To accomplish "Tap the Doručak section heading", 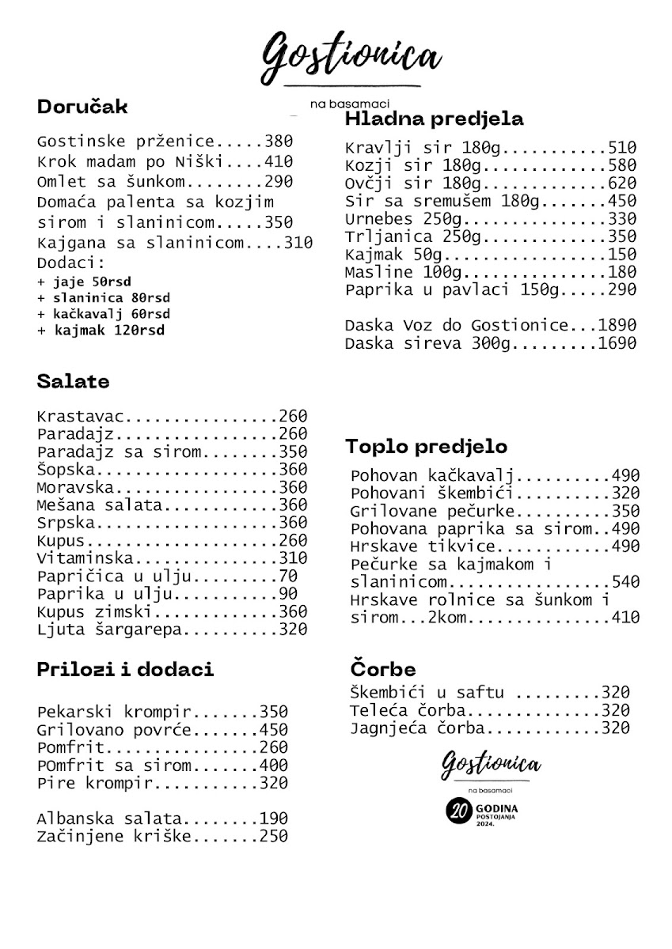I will [x=82, y=107].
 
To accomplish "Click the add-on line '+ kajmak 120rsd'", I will [x=101, y=331].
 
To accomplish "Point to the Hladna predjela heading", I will [x=434, y=119].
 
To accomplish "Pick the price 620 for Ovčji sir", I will [x=622, y=183].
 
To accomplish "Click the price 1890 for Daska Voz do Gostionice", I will [x=617, y=325].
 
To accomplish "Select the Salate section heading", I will [x=73, y=381].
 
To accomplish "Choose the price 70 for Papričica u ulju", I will [x=288, y=577].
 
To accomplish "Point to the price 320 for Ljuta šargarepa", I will [x=292, y=630].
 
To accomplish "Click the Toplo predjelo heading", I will [x=426, y=447].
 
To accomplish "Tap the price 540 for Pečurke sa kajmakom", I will [x=625, y=582].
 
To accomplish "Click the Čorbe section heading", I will [x=382, y=670].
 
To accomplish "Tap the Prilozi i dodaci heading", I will [x=125, y=669].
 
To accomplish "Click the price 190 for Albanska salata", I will [x=273, y=819].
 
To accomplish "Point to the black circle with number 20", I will [x=457, y=812].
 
